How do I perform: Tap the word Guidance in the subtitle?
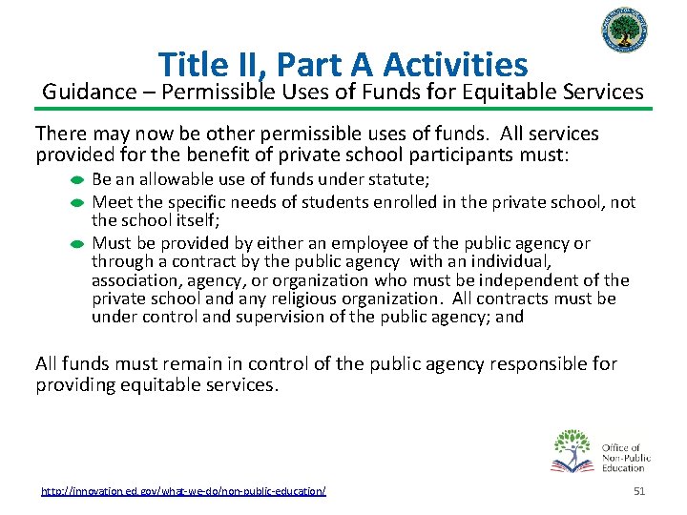tap(85, 93)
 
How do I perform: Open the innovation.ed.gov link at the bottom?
tap(183, 490)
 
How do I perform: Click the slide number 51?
tap(639, 490)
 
